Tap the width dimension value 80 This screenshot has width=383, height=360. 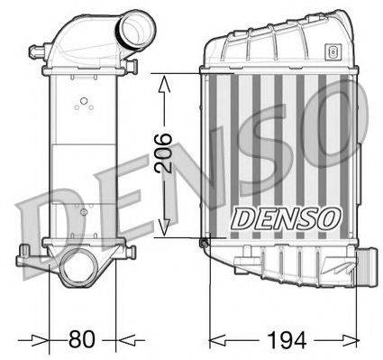(82, 339)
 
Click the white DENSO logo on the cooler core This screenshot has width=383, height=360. (287, 217)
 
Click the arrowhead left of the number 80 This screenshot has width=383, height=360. (40, 340)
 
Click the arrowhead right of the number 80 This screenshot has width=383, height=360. (123, 340)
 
